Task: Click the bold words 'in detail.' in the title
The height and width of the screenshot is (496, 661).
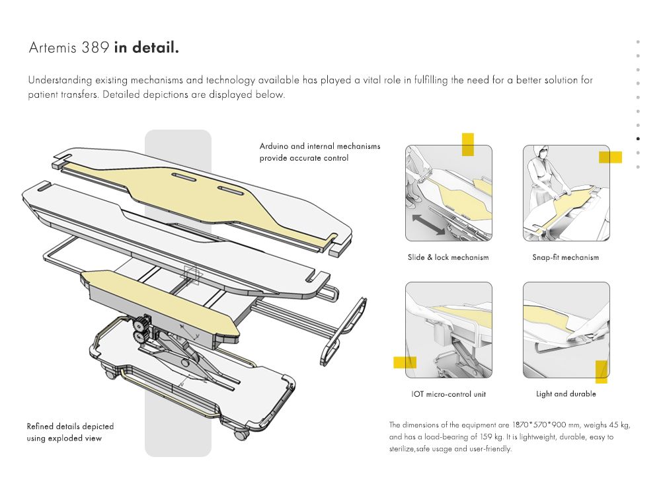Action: pyautogui.click(x=146, y=48)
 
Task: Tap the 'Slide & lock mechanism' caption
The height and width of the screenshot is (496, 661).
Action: pyautogui.click(x=448, y=257)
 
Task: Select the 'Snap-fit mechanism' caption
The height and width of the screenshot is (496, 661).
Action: pyautogui.click(x=565, y=257)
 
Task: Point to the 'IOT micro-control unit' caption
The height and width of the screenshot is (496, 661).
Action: pyautogui.click(x=448, y=394)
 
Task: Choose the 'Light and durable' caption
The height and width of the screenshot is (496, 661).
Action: pyautogui.click(x=566, y=394)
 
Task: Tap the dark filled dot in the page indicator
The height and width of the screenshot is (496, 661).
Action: pyautogui.click(x=638, y=139)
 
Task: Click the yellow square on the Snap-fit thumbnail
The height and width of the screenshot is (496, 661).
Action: pyautogui.click(x=610, y=157)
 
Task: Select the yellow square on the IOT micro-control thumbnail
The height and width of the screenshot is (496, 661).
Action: pyautogui.click(x=405, y=362)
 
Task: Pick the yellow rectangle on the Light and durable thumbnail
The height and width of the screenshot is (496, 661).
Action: pyautogui.click(x=601, y=372)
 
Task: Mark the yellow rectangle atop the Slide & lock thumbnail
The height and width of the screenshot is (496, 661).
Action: pyautogui.click(x=468, y=144)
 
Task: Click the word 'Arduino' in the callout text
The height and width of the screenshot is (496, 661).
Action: pyautogui.click(x=273, y=146)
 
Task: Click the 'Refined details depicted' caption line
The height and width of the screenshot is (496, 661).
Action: pyautogui.click(x=70, y=427)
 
